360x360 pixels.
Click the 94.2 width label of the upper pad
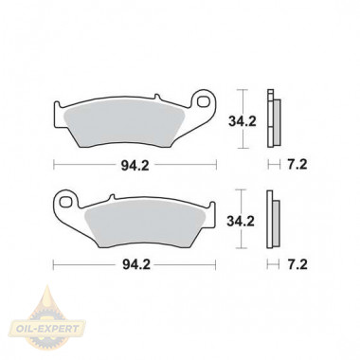pos(135,165)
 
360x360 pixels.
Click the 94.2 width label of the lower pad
pos(136,264)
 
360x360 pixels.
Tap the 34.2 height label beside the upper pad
pos(243,121)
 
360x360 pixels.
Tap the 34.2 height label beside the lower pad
pos(241,222)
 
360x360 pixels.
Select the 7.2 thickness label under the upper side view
pos(297,165)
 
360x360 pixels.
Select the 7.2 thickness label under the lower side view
pos(297,264)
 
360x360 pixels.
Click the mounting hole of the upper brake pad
pos(203,101)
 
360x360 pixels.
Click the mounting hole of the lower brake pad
pos(65,202)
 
